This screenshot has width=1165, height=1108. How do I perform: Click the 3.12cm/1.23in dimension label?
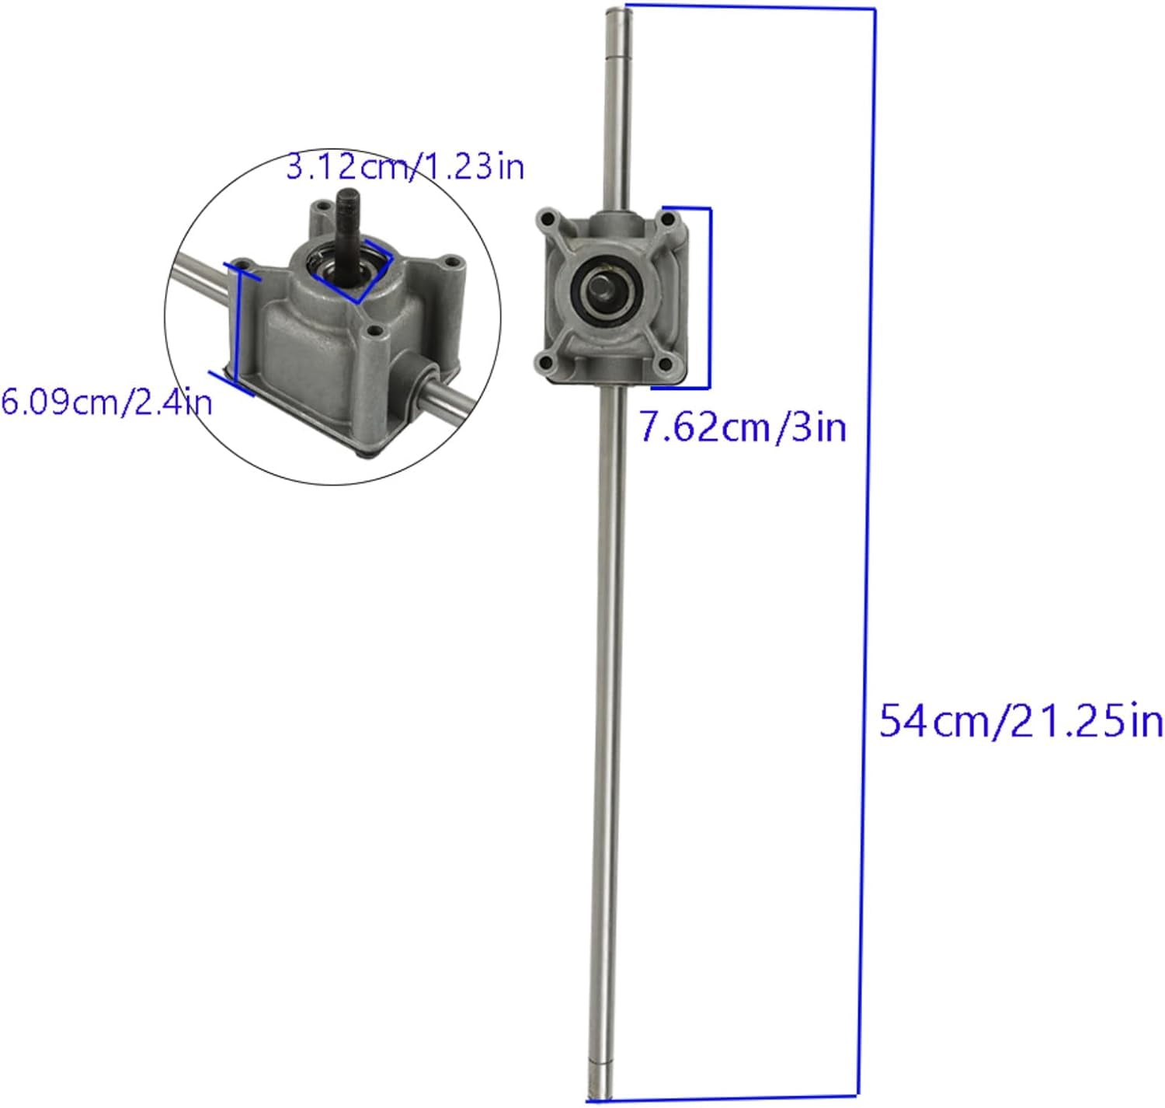click(x=405, y=167)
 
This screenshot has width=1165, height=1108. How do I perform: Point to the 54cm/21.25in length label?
click(x=1021, y=722)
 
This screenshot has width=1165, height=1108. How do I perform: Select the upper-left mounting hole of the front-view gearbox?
click(x=546, y=218)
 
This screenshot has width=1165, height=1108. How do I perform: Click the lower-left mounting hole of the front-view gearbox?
click(x=546, y=361)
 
